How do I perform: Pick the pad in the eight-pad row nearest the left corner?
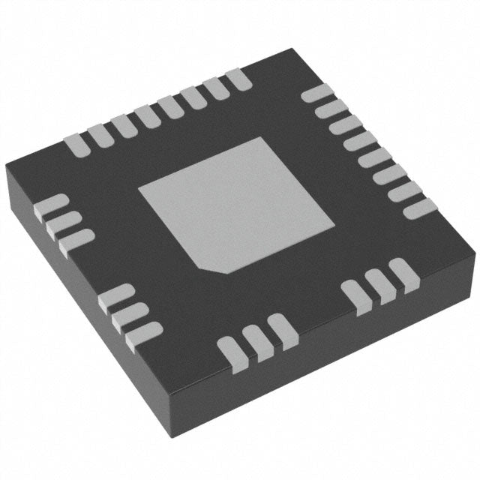(78, 143)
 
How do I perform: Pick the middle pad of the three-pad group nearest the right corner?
(379, 287)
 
